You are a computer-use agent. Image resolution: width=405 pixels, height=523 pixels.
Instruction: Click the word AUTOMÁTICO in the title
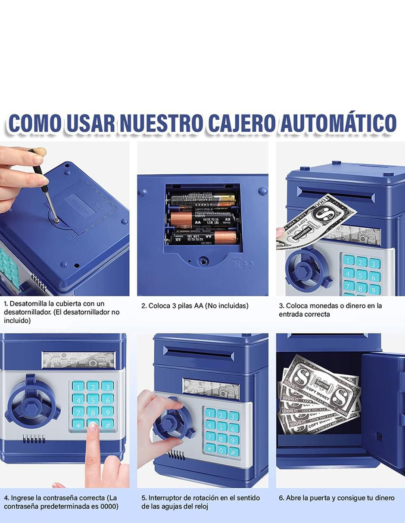338,123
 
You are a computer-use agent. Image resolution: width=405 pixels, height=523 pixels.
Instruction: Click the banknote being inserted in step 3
316,223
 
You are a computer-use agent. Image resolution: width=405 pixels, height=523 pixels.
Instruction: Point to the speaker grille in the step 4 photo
34,439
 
